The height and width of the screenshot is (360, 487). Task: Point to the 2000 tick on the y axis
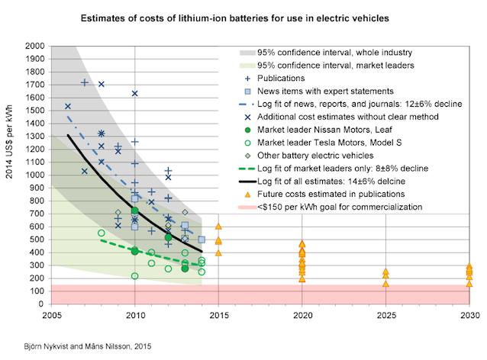tap(34, 46)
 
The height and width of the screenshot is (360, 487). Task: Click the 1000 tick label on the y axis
tap(34, 175)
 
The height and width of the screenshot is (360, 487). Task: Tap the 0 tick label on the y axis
tap(42, 304)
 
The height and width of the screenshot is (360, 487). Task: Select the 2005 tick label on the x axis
tap(51, 314)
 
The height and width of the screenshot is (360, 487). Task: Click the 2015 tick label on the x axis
tap(218, 314)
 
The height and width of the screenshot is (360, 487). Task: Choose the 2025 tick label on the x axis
tap(385, 314)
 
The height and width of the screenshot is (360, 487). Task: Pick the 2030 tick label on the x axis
tap(469, 314)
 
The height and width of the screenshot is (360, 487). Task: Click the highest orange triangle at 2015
tap(218, 227)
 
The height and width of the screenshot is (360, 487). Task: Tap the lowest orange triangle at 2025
tap(385, 284)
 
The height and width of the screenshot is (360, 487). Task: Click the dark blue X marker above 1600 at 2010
tap(135, 93)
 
